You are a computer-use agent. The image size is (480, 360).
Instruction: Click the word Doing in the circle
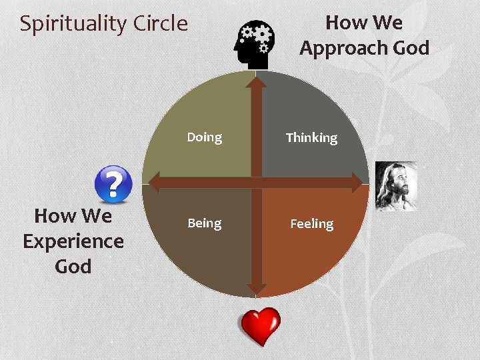(x=204, y=137)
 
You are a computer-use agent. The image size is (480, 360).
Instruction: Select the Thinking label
(x=311, y=138)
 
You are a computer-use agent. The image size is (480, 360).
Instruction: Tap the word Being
(x=204, y=223)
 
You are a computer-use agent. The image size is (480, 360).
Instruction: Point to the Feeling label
(x=311, y=224)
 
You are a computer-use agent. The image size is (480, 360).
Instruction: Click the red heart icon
(x=260, y=326)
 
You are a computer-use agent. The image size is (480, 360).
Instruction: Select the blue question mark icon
(x=113, y=184)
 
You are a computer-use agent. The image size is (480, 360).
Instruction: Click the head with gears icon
(x=253, y=45)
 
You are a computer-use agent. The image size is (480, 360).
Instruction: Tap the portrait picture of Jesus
(x=395, y=185)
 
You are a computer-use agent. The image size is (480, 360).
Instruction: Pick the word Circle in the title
(x=161, y=23)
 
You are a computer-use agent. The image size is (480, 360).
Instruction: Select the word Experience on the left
(x=73, y=241)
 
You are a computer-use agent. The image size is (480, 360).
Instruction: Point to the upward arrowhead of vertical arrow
(x=255, y=83)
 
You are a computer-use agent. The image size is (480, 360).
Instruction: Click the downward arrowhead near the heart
(x=255, y=289)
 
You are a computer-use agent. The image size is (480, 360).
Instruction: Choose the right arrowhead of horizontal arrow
(x=358, y=182)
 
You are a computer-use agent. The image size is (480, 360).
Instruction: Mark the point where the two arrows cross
(x=255, y=182)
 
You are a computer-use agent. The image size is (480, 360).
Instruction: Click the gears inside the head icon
(x=257, y=35)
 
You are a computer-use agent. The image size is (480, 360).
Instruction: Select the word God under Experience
(x=73, y=266)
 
